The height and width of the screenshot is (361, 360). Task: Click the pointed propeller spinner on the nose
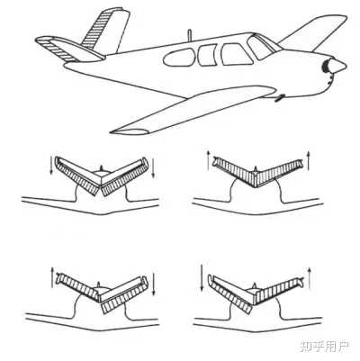click(337, 66)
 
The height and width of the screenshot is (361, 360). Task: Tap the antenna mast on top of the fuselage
click(189, 35)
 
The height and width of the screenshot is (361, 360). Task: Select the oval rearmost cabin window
click(179, 58)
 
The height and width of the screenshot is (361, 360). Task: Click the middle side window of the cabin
click(207, 55)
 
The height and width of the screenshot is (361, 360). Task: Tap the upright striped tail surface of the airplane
click(105, 31)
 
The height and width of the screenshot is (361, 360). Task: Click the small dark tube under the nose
click(280, 98)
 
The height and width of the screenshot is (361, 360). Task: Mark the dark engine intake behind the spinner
click(325, 67)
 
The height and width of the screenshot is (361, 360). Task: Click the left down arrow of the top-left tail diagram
click(51, 166)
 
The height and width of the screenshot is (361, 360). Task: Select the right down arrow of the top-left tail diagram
click(154, 168)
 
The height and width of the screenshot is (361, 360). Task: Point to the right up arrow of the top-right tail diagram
click(309, 159)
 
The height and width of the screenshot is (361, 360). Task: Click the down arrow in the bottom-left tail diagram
click(154, 284)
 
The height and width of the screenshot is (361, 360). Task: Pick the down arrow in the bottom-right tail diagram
click(202, 277)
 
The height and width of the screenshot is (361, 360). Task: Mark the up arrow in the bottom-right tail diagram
click(310, 275)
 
